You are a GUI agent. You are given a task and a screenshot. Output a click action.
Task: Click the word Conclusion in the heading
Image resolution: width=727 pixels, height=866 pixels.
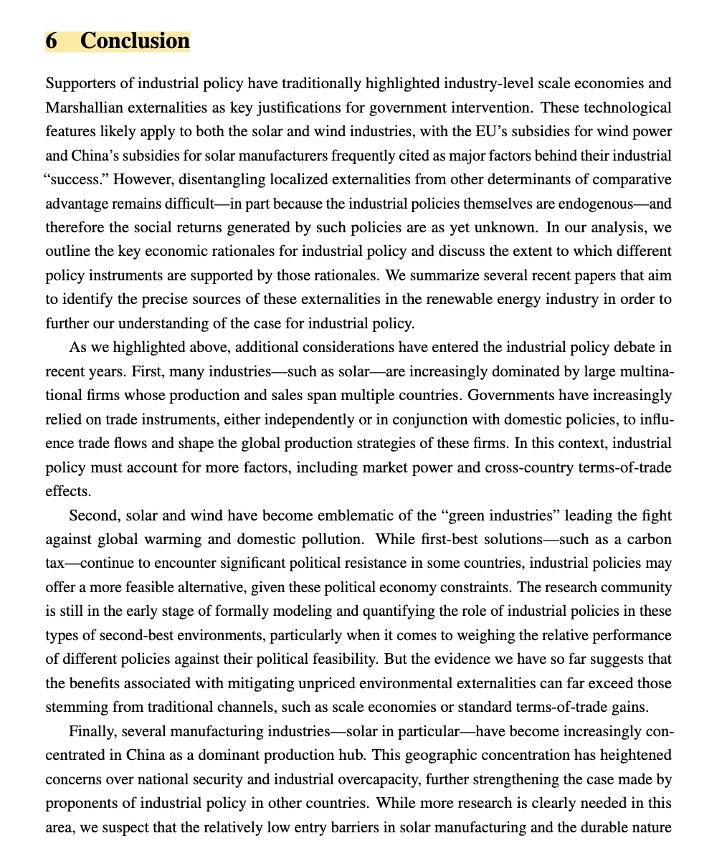[135, 41]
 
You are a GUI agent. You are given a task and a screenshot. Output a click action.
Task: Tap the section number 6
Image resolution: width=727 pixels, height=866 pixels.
[52, 41]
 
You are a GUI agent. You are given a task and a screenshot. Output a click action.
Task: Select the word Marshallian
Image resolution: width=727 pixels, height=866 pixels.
[83, 108]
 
